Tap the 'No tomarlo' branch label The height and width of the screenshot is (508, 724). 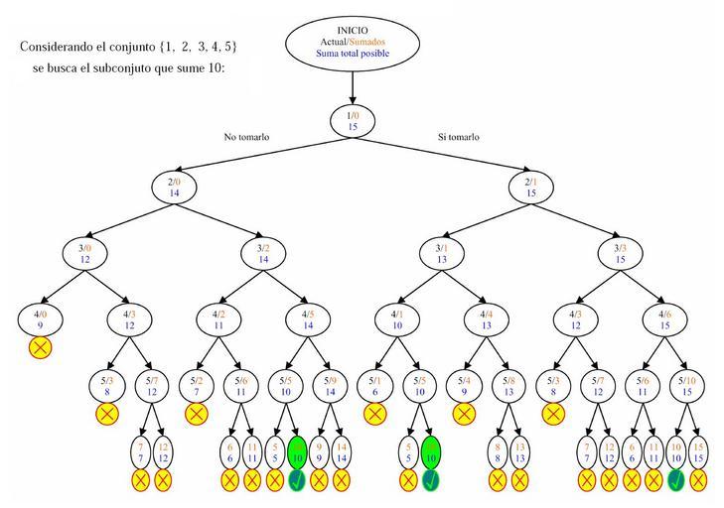(246, 137)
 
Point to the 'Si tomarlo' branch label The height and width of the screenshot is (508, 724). (459, 137)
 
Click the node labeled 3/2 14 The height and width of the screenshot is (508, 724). (262, 253)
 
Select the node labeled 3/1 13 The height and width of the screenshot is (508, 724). (443, 253)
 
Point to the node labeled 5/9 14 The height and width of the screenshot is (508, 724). (330, 385)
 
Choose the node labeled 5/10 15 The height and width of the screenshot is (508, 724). (686, 385)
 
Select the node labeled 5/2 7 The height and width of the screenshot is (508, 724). (197, 385)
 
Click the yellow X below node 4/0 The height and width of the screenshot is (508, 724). (41, 348)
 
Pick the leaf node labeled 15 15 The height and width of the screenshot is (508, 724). (698, 453)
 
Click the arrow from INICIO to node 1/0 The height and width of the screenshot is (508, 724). (353, 87)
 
